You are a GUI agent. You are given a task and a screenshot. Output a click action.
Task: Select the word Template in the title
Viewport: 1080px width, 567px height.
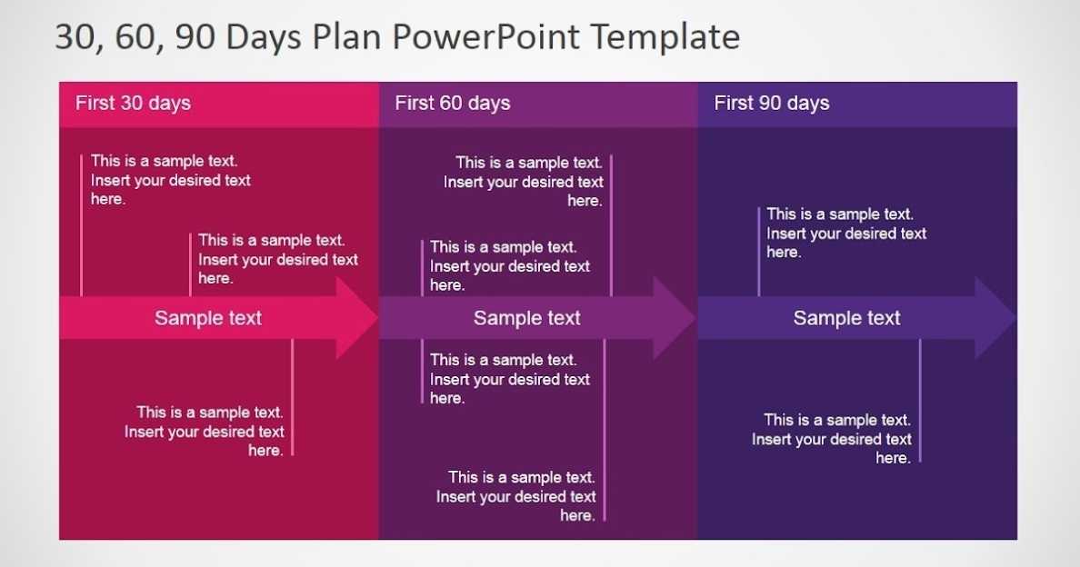(x=665, y=36)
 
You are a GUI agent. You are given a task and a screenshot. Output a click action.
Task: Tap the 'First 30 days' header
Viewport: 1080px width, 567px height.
(x=133, y=104)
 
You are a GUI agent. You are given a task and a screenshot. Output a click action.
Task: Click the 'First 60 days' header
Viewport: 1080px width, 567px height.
(x=453, y=104)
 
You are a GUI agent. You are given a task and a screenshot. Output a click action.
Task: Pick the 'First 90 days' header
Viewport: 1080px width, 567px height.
(x=772, y=104)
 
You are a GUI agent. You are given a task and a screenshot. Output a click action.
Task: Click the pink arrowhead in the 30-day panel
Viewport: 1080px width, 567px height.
(x=355, y=318)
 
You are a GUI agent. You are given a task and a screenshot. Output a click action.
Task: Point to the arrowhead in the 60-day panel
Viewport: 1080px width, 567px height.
(x=673, y=318)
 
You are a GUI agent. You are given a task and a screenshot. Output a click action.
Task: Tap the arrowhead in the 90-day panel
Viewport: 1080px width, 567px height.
(x=995, y=318)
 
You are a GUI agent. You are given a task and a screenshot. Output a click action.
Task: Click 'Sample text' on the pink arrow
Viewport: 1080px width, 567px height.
(x=208, y=318)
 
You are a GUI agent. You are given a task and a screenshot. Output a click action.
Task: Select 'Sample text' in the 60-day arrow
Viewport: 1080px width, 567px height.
(x=527, y=318)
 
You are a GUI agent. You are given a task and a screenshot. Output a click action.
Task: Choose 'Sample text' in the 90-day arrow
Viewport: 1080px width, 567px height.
(x=846, y=318)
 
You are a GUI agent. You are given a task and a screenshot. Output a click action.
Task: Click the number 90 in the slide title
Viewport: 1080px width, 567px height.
(x=195, y=36)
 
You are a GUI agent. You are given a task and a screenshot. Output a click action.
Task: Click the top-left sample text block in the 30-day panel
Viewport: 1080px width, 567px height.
(x=171, y=180)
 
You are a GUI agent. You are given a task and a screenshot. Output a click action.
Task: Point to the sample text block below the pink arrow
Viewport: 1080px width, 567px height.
(x=204, y=431)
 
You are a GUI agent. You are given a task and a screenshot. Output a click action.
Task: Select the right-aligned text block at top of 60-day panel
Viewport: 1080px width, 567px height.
(x=524, y=182)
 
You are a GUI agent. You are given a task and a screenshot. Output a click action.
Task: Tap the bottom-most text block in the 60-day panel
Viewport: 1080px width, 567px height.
(x=515, y=496)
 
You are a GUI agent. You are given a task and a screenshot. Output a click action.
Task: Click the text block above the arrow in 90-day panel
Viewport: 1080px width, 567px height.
(x=846, y=233)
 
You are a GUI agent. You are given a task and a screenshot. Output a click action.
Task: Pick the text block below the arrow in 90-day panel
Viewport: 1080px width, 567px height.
(x=831, y=438)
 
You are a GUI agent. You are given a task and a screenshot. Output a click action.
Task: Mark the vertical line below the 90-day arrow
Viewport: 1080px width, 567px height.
(x=920, y=401)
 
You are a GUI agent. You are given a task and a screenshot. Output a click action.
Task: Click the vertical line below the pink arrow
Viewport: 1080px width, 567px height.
(x=293, y=397)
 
